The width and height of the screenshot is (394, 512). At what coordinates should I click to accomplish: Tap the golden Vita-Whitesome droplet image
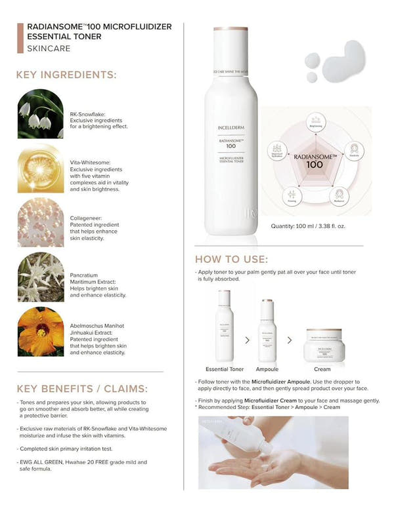(41, 169)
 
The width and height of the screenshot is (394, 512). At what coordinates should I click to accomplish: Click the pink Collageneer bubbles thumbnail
(41, 223)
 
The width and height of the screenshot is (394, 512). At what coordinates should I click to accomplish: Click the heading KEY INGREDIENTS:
(66, 75)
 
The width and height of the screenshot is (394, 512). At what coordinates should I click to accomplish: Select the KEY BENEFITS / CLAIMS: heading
(81, 388)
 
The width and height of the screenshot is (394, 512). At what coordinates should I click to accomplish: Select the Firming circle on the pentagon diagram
(292, 196)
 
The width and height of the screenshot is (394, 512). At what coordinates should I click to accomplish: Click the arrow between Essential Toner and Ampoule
(247, 340)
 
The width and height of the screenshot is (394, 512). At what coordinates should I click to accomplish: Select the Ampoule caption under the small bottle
(268, 370)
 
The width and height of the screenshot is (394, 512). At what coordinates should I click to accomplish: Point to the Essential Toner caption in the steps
(225, 370)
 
